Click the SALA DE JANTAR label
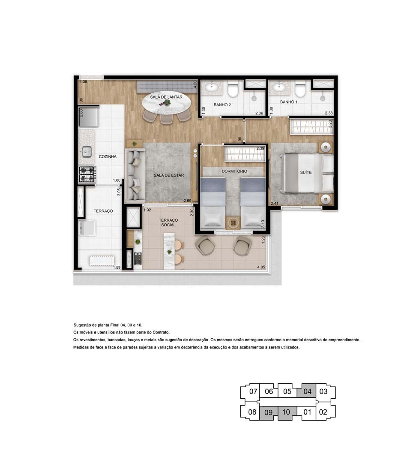(166, 97)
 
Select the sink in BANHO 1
(279, 88)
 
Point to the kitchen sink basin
(86, 151)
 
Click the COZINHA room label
(108, 157)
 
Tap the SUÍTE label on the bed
(305, 172)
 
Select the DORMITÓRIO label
(234, 171)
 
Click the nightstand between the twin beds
(233, 222)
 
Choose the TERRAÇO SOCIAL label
(168, 222)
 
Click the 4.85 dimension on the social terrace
(260, 268)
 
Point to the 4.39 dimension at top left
(83, 82)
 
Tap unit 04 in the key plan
(307, 391)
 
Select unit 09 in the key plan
(268, 412)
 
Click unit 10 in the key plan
(287, 412)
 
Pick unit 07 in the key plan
(252, 391)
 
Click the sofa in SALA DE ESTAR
(135, 175)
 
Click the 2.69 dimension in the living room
(187, 200)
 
